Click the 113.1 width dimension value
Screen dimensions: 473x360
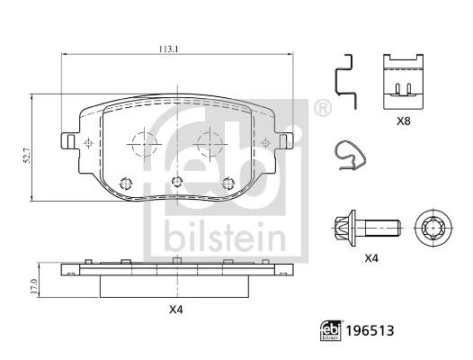coord(169,49)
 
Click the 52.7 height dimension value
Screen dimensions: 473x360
coord(28,156)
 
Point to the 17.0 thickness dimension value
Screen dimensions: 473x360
coord(34,286)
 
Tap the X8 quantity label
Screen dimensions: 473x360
coord(404,121)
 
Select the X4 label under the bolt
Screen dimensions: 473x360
coord(371,258)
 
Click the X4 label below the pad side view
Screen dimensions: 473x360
coord(176,310)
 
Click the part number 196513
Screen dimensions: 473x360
coord(370,331)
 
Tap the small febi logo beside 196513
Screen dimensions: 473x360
coord(331,330)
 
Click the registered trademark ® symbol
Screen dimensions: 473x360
coord(323,108)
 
